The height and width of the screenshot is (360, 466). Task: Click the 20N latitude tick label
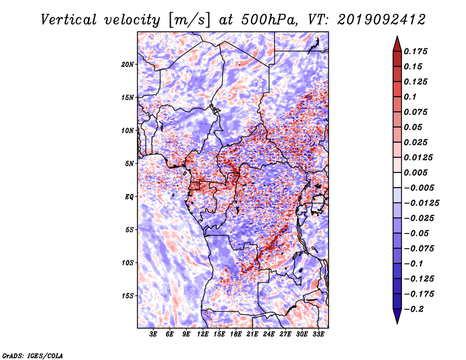click(128, 65)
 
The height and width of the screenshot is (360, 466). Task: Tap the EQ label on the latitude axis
click(129, 197)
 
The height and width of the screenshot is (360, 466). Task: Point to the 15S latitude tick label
click(128, 296)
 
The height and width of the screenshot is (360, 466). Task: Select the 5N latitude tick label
click(129, 164)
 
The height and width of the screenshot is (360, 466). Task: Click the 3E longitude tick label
click(153, 334)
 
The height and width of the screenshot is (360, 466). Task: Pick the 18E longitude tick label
click(236, 334)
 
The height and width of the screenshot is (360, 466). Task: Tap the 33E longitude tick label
click(318, 334)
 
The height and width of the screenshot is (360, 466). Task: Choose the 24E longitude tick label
click(269, 334)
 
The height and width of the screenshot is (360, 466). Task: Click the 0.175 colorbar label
click(415, 51)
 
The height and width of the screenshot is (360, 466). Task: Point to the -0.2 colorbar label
click(414, 309)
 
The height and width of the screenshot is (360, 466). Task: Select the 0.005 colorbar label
click(415, 172)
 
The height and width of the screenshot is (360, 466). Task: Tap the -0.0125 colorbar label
click(421, 203)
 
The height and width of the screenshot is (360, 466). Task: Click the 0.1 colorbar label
click(410, 97)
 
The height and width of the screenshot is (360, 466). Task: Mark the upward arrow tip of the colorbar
click(397, 36)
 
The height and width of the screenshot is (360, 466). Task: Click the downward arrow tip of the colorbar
click(397, 324)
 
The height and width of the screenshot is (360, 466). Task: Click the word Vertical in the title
click(69, 20)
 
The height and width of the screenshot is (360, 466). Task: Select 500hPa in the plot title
click(269, 20)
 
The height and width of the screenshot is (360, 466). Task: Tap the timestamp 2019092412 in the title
click(382, 20)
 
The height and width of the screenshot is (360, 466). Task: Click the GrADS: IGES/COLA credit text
click(33, 356)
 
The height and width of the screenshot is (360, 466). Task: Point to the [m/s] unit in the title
click(189, 20)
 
